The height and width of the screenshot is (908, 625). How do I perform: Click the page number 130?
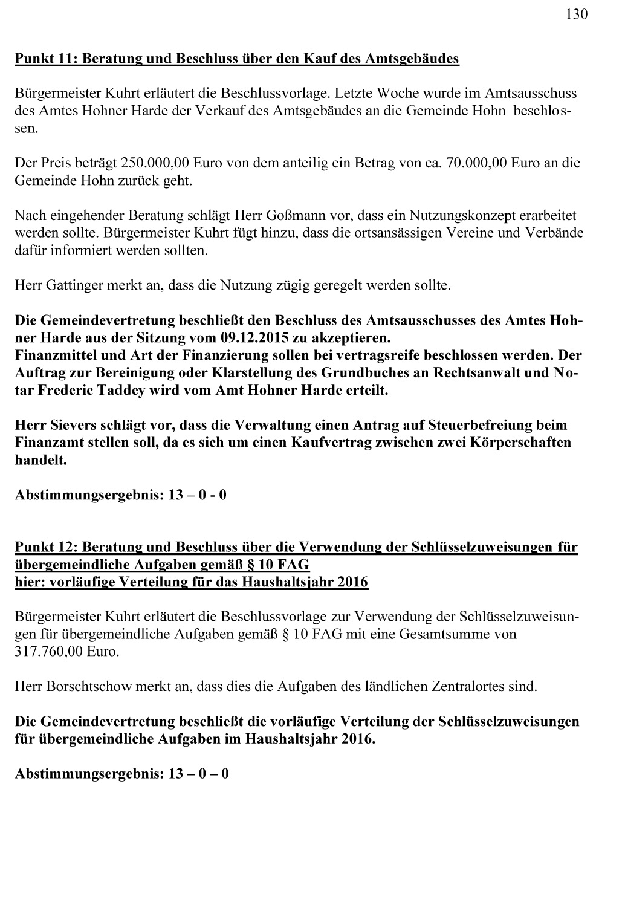coord(576,15)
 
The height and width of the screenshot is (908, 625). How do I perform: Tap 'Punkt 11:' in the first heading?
coord(46,59)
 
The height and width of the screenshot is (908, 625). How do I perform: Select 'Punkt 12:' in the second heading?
coord(46,548)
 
